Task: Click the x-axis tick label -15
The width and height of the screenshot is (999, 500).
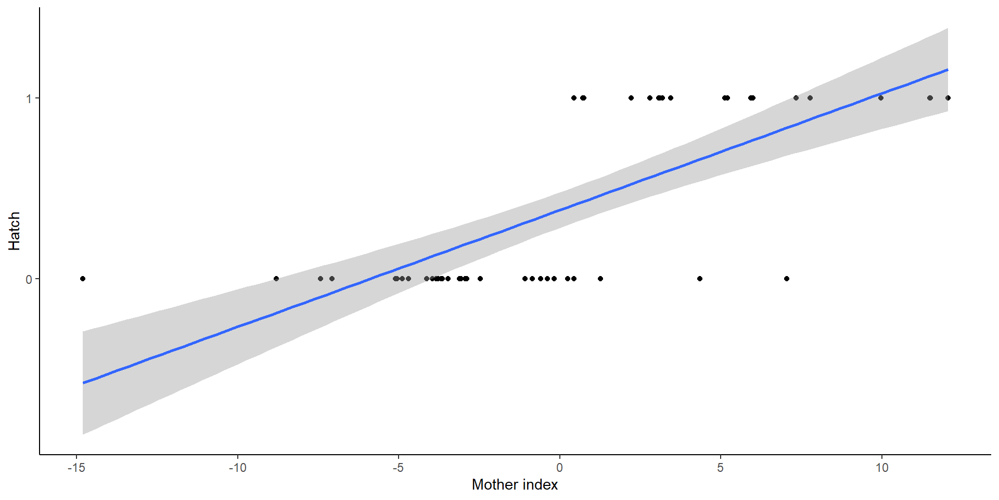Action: coord(76,468)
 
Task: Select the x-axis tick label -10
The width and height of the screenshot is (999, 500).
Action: coord(237,468)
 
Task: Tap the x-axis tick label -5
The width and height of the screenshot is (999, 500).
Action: coord(398,468)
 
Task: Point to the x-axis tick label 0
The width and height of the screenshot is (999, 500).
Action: coord(559,468)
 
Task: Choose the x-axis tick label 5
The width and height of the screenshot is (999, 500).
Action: coord(720,468)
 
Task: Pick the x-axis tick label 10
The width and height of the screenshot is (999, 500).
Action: coord(881,468)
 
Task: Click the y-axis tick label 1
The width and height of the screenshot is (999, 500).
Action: coord(29,98)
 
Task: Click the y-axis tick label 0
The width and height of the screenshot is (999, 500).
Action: coord(29,279)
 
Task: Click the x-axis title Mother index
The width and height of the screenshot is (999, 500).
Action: coord(515,485)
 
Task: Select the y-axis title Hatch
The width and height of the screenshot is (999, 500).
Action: coord(14,231)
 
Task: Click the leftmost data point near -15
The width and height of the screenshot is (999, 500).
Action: coord(83,279)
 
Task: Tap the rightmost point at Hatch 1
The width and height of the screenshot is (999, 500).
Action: coord(947,98)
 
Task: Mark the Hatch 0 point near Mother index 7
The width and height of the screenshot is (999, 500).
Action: coord(787,279)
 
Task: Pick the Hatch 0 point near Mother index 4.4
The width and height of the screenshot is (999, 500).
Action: coord(700,279)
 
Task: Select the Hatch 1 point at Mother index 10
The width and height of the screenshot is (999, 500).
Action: coord(881,98)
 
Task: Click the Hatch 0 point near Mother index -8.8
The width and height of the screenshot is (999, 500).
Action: coord(276,279)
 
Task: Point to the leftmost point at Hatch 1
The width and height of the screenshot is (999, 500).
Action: coord(574,98)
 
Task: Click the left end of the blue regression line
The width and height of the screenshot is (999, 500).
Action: coord(83,383)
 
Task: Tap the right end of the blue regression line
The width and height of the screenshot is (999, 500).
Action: coord(947,70)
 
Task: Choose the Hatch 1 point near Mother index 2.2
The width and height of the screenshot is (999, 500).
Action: coord(631,98)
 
